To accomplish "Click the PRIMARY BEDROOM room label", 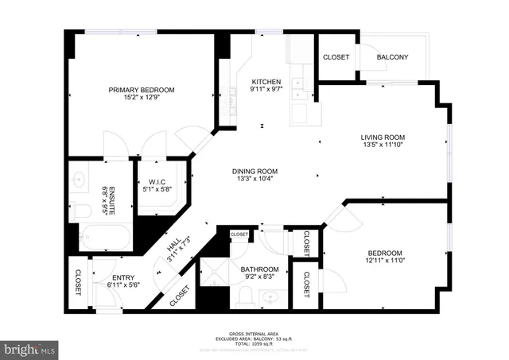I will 142,90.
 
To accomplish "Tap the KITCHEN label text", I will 266,82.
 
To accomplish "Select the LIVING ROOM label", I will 383,136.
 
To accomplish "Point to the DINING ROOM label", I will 254,171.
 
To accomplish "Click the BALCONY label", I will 392,57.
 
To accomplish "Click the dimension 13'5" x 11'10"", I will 383,145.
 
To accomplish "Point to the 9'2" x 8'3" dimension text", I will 260,278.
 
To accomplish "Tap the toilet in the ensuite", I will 82,211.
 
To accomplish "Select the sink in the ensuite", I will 80,180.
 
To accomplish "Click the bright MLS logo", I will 30,349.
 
